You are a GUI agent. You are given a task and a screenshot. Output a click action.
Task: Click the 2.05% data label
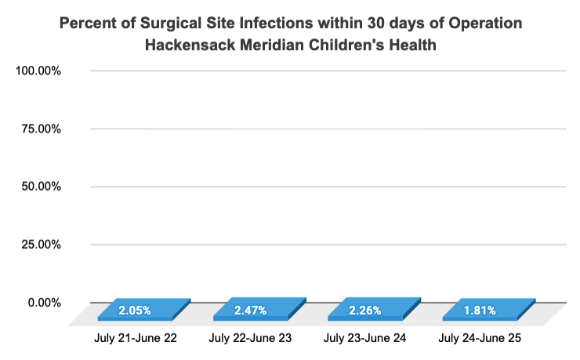135,311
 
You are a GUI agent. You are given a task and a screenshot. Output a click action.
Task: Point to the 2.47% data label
250,311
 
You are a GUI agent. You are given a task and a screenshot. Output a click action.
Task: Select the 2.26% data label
364,311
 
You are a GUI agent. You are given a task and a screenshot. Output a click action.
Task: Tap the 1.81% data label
479,311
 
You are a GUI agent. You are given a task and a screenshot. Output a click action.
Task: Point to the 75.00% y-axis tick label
41,129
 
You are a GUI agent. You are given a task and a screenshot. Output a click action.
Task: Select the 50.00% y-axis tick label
41,187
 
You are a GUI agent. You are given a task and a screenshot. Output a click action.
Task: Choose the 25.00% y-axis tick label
41,245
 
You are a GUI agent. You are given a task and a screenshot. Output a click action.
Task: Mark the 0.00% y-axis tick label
44,303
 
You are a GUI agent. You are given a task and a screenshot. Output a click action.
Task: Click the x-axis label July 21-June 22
135,339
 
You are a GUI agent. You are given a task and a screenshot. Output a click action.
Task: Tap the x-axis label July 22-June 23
250,339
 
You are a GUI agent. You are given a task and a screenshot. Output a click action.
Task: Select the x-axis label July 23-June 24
365,339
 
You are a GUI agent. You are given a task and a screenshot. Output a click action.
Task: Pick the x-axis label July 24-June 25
480,339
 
